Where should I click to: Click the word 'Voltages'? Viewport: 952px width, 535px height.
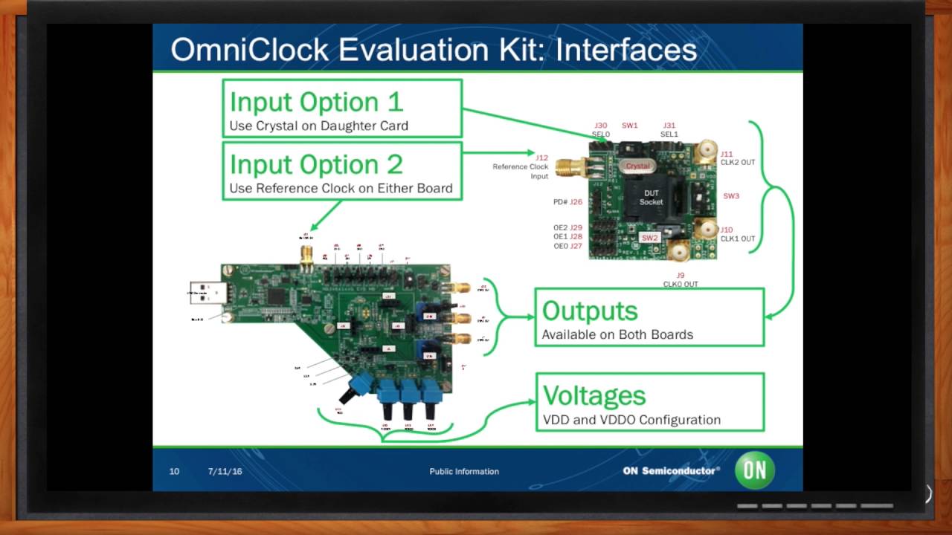(x=594, y=395)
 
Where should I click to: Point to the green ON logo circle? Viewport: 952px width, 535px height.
(x=755, y=470)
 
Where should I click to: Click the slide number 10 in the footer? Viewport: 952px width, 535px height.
(x=174, y=471)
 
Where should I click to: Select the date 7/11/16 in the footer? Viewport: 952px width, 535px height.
(x=225, y=471)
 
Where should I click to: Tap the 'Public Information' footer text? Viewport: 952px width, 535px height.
(x=464, y=471)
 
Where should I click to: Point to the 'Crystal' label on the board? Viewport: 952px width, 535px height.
(x=637, y=166)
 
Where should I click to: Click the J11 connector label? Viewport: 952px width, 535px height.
(x=726, y=154)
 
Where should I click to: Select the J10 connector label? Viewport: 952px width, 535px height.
(x=726, y=230)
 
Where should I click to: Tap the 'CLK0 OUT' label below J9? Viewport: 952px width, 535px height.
(x=681, y=284)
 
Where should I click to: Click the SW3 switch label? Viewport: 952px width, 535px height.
(x=731, y=196)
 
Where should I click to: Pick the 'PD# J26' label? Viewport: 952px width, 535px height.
(x=567, y=202)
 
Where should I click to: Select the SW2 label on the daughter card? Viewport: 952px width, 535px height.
(x=650, y=238)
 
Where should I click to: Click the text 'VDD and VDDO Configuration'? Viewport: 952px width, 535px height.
(x=631, y=420)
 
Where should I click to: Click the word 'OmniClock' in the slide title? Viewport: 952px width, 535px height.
(x=249, y=49)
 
